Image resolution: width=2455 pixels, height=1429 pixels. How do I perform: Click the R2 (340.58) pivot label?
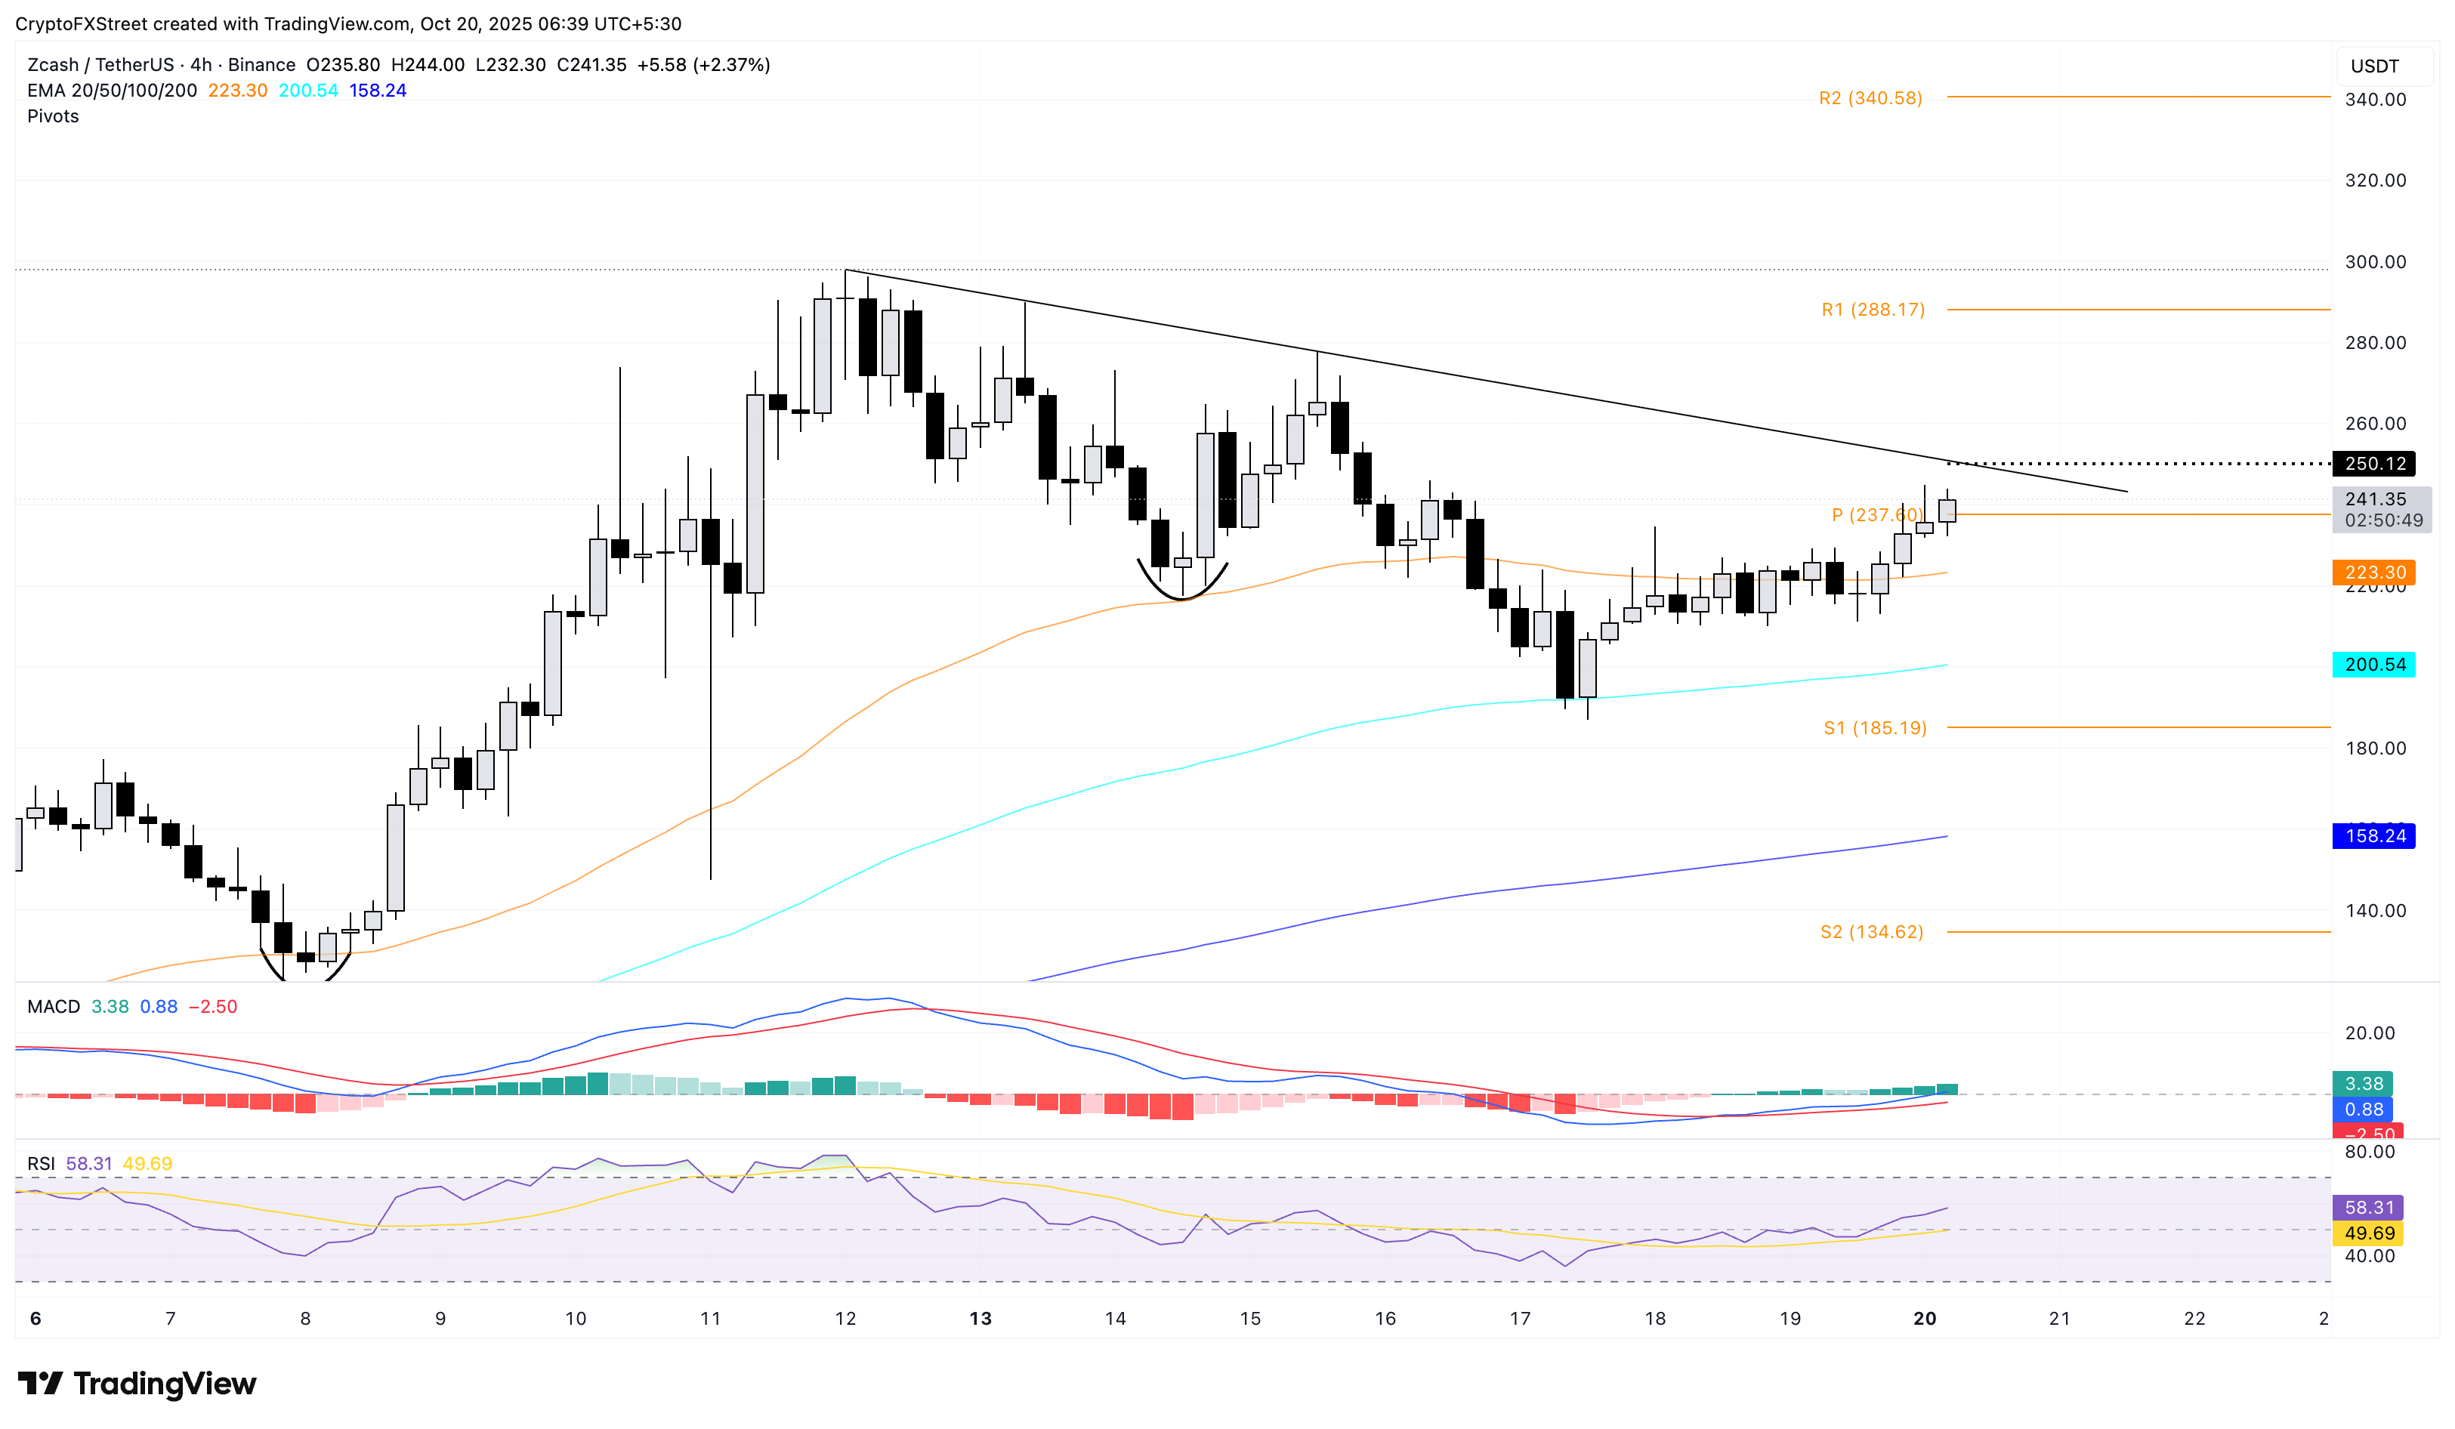(x=1870, y=98)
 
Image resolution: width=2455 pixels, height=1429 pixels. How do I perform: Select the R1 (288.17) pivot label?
(x=1873, y=310)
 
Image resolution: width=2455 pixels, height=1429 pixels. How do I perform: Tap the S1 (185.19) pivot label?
(x=1874, y=727)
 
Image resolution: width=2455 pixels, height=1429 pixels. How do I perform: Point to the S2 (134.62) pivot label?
(x=1871, y=932)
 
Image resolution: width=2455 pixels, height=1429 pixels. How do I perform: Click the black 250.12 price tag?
(x=2374, y=464)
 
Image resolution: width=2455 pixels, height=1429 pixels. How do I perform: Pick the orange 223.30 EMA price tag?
(x=2374, y=572)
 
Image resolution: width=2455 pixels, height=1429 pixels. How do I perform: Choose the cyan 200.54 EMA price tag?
(x=2374, y=665)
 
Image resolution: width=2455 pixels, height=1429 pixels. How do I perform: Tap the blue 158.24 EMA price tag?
(x=2374, y=836)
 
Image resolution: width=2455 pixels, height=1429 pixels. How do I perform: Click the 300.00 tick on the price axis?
(x=2374, y=262)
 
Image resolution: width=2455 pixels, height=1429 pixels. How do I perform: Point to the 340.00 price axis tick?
(x=2374, y=100)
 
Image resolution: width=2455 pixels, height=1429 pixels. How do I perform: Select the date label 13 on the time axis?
(x=980, y=1318)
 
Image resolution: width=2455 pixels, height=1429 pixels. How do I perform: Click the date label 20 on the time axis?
(x=1924, y=1318)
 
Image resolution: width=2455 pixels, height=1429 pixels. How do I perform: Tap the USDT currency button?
(x=2374, y=66)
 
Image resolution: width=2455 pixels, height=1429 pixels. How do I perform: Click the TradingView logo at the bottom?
(x=137, y=1383)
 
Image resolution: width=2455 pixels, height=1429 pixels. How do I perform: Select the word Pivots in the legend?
(x=53, y=116)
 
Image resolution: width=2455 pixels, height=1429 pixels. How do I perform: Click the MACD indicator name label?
(x=54, y=1006)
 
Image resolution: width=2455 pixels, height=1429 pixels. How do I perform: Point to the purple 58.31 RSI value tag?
(x=2368, y=1207)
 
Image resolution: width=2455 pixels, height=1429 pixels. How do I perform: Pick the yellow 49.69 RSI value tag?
(x=2368, y=1233)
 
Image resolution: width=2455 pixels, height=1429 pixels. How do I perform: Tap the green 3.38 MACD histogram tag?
(x=2362, y=1083)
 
